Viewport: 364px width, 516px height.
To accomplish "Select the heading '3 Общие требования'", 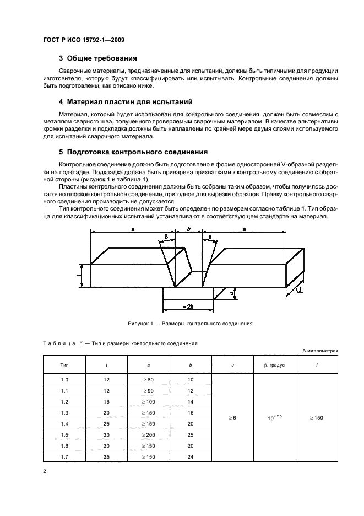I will pos(97,59).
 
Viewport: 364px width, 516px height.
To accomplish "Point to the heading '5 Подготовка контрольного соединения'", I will pos(133,152).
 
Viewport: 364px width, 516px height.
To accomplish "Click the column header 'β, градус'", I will pos(274,364).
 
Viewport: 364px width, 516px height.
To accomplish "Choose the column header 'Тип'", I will pos(64,364).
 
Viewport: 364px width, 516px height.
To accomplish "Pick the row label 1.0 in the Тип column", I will pos(64,380).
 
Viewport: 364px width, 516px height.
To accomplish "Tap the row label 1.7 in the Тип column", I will pos(64,458).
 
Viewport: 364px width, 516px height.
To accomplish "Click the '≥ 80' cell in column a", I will pos(149,380).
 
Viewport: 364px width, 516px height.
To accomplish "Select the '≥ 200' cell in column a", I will pos(149,436).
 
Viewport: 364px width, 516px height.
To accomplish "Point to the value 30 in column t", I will pos(106,436).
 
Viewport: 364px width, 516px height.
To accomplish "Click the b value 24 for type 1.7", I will pos(191,458).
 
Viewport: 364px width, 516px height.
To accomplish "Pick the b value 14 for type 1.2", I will pos(191,402).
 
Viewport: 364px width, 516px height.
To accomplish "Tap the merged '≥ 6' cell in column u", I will pos(232,418).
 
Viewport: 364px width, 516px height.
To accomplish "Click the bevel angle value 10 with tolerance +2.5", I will pos(274,418).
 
